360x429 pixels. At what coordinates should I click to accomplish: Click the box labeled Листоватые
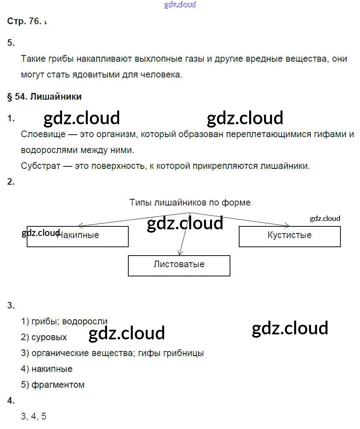(x=179, y=266)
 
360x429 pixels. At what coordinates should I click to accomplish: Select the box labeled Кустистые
(x=290, y=236)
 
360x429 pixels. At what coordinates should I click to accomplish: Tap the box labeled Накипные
(x=77, y=236)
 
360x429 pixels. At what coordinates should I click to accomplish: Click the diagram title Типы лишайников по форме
(x=190, y=203)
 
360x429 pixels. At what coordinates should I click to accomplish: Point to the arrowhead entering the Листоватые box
(x=180, y=253)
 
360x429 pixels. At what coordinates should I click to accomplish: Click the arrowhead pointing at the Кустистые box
(x=287, y=226)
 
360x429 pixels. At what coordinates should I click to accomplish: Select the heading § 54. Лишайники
(x=44, y=97)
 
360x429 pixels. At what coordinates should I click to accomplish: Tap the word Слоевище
(x=43, y=134)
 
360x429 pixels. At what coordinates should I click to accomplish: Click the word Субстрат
(x=40, y=166)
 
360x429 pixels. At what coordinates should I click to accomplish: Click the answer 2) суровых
(x=44, y=337)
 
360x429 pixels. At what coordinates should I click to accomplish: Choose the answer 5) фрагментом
(x=53, y=385)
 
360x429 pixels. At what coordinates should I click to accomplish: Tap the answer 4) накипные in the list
(x=47, y=369)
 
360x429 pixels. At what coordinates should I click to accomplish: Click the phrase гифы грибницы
(x=171, y=353)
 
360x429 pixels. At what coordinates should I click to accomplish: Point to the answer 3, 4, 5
(x=34, y=416)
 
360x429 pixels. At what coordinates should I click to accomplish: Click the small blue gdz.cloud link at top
(x=180, y=5)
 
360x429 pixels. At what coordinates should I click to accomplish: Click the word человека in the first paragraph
(x=161, y=75)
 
